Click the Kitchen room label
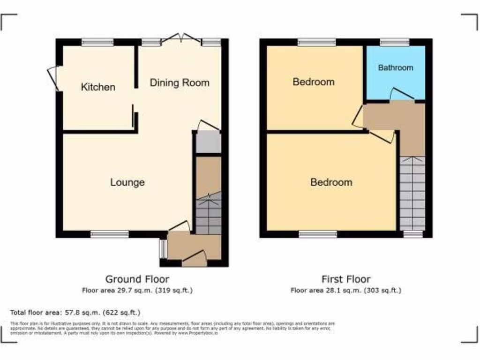98,87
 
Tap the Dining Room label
179,83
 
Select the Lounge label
127,182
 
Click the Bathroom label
396,68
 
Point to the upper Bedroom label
314,82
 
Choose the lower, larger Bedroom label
331,182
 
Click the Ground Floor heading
137,279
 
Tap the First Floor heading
346,279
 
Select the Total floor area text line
75,312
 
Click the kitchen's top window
97,42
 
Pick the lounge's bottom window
109,234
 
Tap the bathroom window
394,42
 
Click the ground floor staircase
208,213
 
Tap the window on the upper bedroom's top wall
317,42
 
